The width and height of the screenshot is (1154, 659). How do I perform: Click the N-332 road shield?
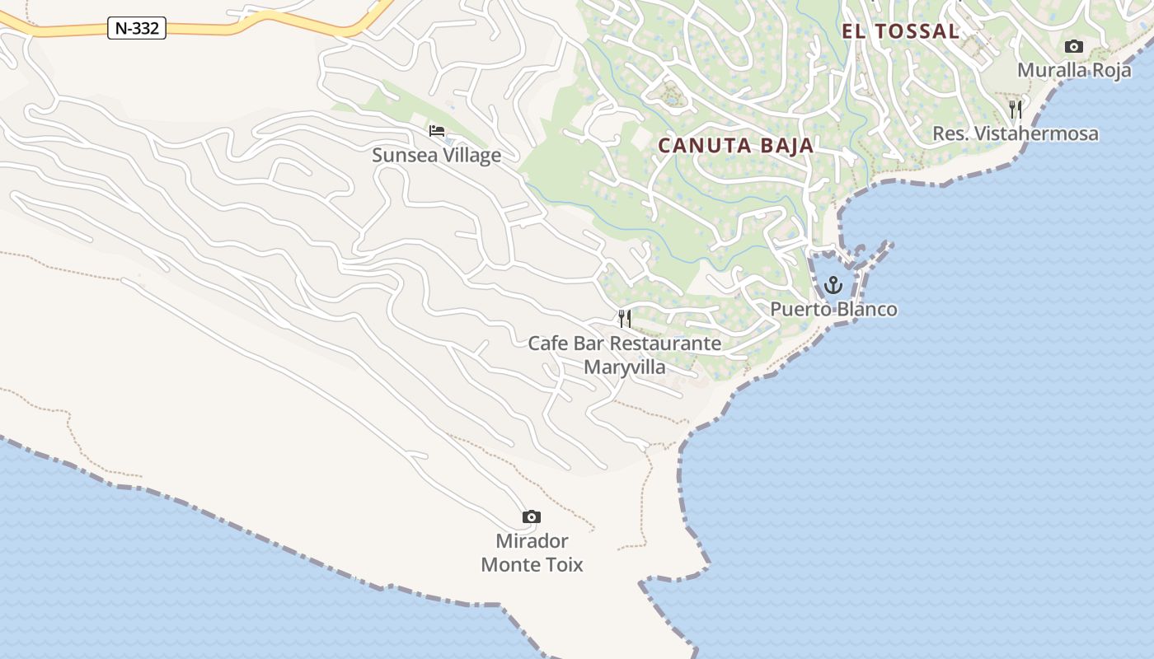(x=137, y=28)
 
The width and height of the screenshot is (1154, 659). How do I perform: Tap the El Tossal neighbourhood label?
(x=900, y=31)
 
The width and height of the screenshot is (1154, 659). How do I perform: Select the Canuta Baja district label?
(x=735, y=146)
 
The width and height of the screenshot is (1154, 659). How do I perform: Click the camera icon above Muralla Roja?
(x=1073, y=46)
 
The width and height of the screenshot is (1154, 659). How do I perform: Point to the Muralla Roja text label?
(x=1073, y=70)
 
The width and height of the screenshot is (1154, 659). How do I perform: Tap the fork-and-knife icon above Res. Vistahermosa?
(x=1016, y=109)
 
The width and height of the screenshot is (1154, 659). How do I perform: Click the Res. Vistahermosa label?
(x=1015, y=133)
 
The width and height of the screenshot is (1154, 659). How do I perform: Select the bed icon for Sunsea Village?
(x=436, y=131)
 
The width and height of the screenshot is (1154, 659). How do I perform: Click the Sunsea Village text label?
(x=436, y=155)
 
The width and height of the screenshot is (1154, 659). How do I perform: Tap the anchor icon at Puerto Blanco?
(x=833, y=285)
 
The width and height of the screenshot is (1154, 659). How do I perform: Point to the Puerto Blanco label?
(x=833, y=309)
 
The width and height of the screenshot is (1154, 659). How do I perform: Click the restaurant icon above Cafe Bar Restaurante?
(x=625, y=318)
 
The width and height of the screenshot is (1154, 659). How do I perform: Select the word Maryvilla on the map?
(x=624, y=367)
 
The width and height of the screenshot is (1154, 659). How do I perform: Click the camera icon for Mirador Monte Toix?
(x=532, y=516)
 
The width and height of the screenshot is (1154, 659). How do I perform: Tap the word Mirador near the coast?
(x=532, y=541)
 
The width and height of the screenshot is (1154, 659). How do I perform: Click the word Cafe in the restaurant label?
(x=548, y=343)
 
